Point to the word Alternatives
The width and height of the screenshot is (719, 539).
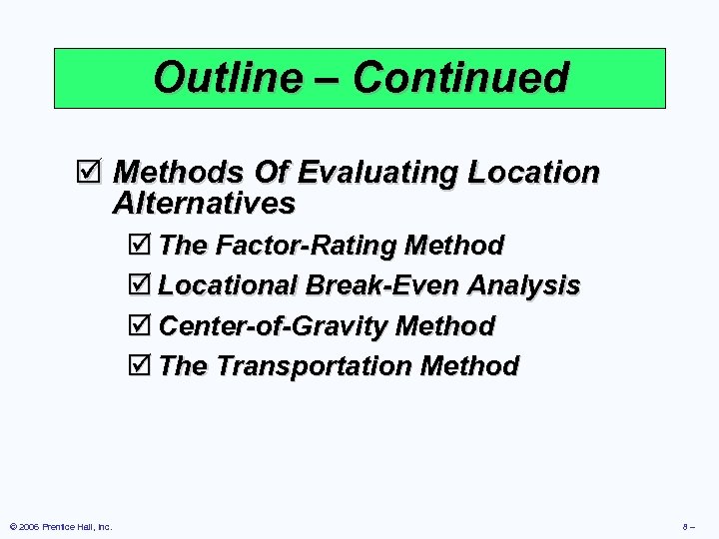(204, 204)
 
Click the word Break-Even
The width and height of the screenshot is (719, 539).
(382, 285)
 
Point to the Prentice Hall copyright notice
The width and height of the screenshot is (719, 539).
(60, 526)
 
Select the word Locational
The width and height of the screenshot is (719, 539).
(228, 285)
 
